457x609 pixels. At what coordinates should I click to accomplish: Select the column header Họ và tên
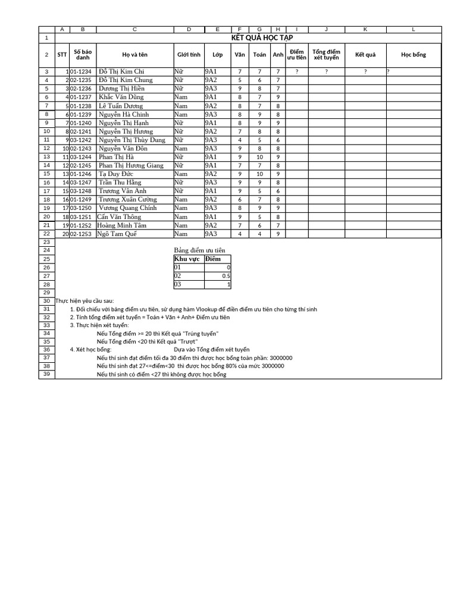[134, 55]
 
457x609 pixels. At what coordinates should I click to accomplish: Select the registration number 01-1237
[81, 97]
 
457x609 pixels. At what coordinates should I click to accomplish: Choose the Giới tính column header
[189, 55]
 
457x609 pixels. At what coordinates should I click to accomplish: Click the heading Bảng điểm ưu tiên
[199, 250]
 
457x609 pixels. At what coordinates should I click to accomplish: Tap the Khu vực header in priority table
[187, 259]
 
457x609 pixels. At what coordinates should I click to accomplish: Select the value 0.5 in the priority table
[226, 276]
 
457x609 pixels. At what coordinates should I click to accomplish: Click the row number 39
[46, 375]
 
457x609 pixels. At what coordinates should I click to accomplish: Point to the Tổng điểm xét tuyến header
[326, 55]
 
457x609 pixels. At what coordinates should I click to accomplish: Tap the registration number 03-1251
[81, 217]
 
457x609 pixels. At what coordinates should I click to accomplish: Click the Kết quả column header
[365, 55]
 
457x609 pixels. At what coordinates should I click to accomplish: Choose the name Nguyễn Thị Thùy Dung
[132, 140]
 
